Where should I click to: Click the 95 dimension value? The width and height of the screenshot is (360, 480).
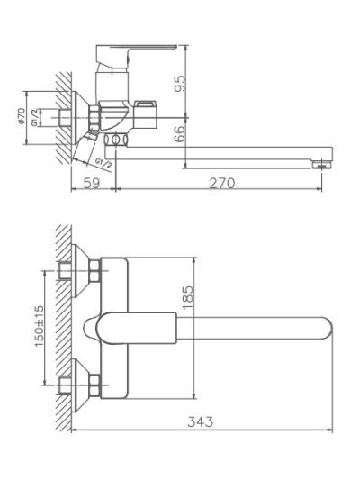pyautogui.click(x=180, y=84)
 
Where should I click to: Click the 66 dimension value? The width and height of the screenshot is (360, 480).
pyautogui.click(x=180, y=134)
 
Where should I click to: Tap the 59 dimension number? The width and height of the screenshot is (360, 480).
pyautogui.click(x=92, y=183)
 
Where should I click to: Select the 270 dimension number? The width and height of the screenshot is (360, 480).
pyautogui.click(x=222, y=183)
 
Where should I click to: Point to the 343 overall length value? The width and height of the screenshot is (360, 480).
pyautogui.click(x=201, y=421)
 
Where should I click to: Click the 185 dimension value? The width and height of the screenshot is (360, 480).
pyautogui.click(x=188, y=297)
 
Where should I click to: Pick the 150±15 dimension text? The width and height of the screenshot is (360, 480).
pyautogui.click(x=40, y=325)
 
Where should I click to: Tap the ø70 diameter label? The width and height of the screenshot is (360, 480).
pyautogui.click(x=21, y=116)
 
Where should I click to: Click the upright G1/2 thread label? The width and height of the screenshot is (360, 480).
pyautogui.click(x=35, y=118)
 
